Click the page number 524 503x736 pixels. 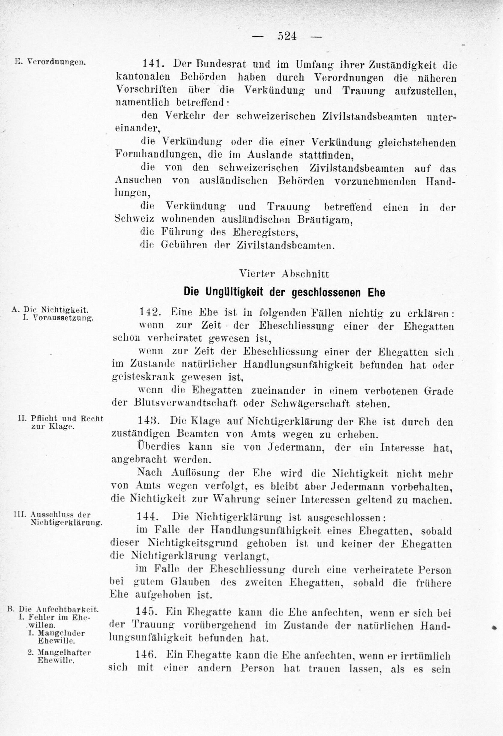[287, 36]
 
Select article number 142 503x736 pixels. [150, 313]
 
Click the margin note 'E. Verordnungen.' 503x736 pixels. [50, 62]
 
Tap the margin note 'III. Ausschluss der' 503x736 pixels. [52, 514]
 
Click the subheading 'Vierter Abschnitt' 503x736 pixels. [284, 274]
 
